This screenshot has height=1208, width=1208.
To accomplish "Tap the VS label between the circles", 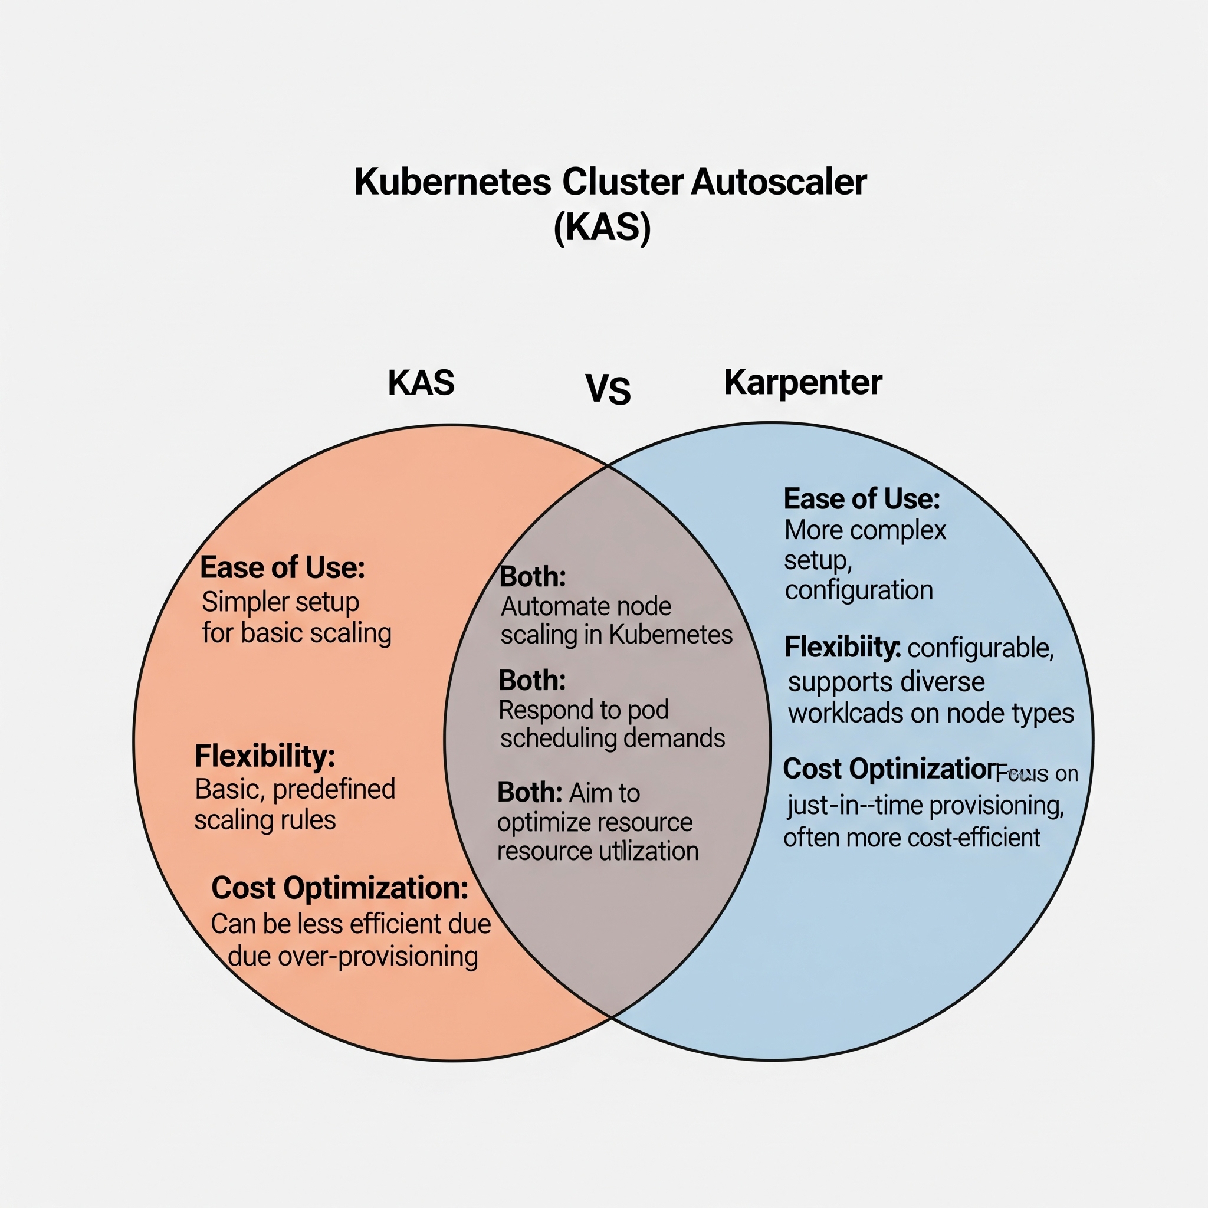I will click(608, 389).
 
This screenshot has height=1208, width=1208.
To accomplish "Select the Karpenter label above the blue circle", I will click(803, 382).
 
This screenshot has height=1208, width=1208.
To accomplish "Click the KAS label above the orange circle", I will click(421, 383).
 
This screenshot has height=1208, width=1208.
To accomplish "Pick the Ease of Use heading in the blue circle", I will click(862, 499).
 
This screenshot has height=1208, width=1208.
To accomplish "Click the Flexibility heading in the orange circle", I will click(264, 756).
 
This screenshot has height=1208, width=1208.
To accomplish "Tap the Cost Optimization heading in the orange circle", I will click(340, 888).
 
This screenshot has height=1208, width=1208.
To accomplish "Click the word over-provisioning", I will click(377, 956).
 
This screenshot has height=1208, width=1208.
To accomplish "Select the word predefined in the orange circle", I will click(334, 789).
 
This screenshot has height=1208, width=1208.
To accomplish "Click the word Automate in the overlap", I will click(541, 606).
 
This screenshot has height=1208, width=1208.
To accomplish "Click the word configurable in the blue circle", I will click(980, 648).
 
